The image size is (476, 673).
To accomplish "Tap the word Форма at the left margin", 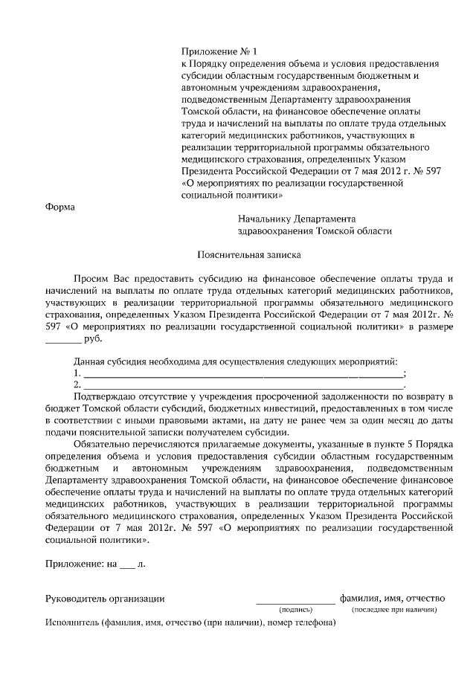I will [60, 207].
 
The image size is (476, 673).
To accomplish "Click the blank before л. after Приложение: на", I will [128, 564].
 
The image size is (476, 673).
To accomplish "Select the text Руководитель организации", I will [105, 598].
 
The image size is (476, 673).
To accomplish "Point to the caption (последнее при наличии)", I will [394, 610].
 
